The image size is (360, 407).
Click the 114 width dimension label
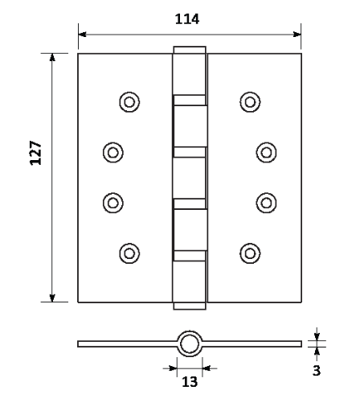tap(187, 19)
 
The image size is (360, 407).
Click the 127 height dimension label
tap(36, 153)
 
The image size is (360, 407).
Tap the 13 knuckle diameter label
tap(190, 381)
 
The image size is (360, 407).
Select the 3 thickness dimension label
tap(317, 371)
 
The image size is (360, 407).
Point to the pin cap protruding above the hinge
tap(190, 50)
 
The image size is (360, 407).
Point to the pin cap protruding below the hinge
tap(190, 306)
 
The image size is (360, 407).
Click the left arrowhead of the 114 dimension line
tap(82, 35)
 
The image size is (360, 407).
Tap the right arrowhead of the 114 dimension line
tap(297, 35)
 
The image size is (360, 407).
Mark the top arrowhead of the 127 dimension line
tap(52, 57)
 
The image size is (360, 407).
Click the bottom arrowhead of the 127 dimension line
tap(52, 298)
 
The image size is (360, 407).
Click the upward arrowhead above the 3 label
tap(317, 351)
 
